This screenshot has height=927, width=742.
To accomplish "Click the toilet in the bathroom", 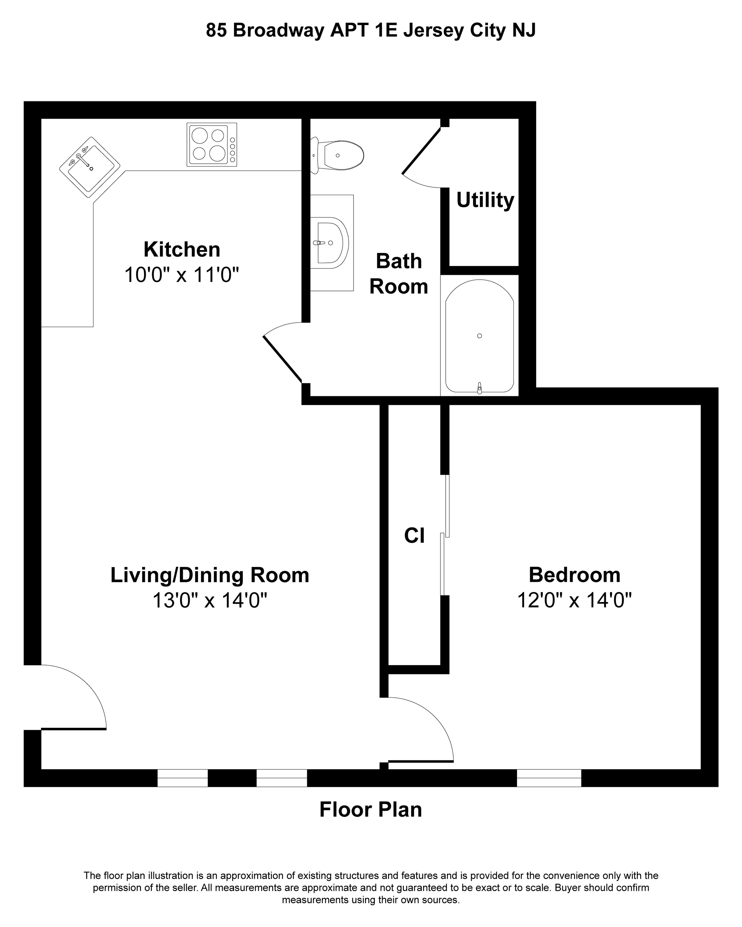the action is tap(337, 155).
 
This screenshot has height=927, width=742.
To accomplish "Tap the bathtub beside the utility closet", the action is tap(479, 336).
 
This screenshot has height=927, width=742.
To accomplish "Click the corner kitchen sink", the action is tap(89, 167).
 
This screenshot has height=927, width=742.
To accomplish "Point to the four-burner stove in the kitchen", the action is tap(212, 144).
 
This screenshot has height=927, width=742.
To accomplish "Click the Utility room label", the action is tap(485, 200).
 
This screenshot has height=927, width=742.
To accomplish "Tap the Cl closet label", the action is tap(414, 536).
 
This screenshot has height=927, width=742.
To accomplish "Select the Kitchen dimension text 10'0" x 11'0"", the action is tap(182, 274).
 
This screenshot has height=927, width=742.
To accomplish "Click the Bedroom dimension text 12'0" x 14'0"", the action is tap(574, 600).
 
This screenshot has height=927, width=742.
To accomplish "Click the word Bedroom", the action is tap(574, 575).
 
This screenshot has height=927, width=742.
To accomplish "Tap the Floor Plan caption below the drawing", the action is tap(371, 810).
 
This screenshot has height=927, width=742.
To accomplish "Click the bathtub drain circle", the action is tap(480, 336).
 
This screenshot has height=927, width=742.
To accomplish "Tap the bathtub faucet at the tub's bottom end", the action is tap(480, 388).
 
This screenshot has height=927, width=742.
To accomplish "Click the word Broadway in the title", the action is tap(278, 31).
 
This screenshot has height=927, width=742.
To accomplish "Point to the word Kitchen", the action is tap(182, 249).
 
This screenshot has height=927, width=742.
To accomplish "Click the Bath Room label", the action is tap(399, 274).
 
